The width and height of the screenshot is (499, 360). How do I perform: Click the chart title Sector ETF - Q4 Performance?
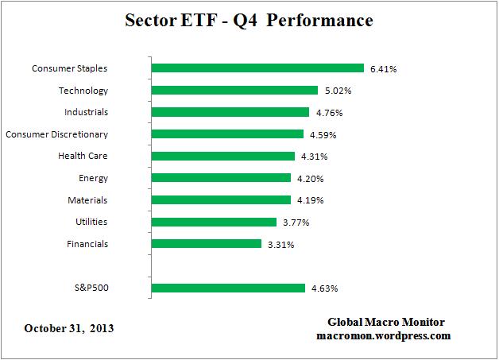point(249,20)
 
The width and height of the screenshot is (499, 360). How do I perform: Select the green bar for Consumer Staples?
point(257,68)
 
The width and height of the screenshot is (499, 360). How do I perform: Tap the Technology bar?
point(234,91)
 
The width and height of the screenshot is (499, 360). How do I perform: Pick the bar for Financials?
point(206,244)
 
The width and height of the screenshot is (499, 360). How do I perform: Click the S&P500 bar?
point(227,288)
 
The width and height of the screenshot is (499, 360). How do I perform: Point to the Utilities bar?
point(213,222)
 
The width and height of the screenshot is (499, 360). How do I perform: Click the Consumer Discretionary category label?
point(56,134)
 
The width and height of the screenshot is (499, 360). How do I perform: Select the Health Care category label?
point(83,156)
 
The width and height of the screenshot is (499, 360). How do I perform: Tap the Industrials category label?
point(86,112)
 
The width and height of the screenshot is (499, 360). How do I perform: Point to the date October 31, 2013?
point(69,328)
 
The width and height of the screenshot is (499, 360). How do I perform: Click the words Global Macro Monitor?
point(386,322)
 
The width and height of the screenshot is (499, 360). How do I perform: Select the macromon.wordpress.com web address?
point(386,336)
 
